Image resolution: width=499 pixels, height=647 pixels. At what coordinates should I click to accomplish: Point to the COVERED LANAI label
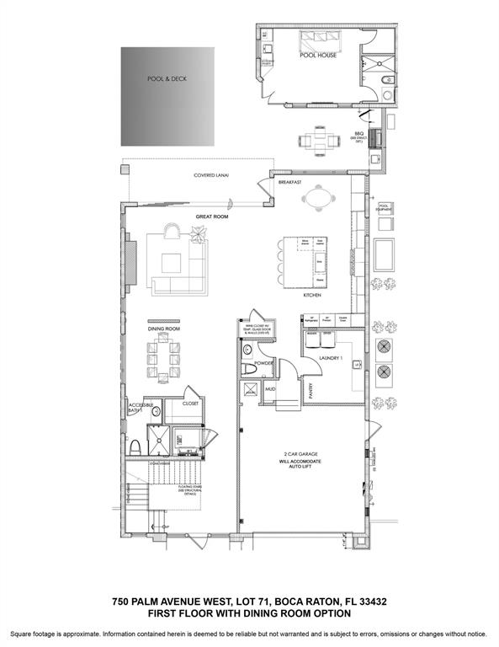211,175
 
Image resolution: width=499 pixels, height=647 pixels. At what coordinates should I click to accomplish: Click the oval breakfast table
317,200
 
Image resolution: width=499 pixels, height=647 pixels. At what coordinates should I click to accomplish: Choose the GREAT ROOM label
212,217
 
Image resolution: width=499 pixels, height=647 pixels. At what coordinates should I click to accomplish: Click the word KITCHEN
314,296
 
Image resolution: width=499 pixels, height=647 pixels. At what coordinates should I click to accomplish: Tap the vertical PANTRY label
311,388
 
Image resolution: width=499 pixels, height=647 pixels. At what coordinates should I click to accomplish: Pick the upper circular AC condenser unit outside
384,347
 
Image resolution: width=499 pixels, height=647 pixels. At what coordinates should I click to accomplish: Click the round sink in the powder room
248,349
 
